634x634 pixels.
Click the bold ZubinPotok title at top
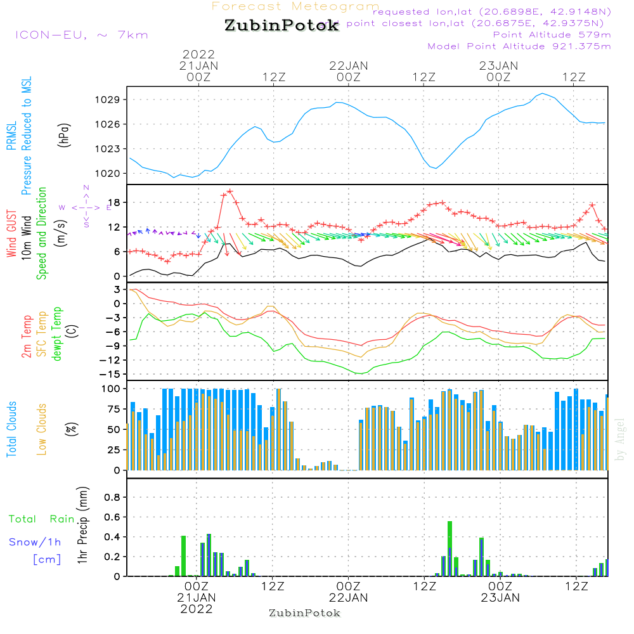281,27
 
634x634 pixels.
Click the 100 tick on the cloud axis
111,388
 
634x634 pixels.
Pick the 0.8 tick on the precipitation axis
112,498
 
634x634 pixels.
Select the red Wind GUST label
11,234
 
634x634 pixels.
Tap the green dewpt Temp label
57,333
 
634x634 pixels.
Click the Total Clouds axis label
11,429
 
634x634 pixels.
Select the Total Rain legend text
41,519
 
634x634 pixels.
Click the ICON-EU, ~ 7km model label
81,35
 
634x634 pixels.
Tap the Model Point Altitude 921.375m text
519,46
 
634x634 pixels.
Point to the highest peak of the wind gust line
230,191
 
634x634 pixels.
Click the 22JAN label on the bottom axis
348,597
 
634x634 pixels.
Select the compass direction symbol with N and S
86,207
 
